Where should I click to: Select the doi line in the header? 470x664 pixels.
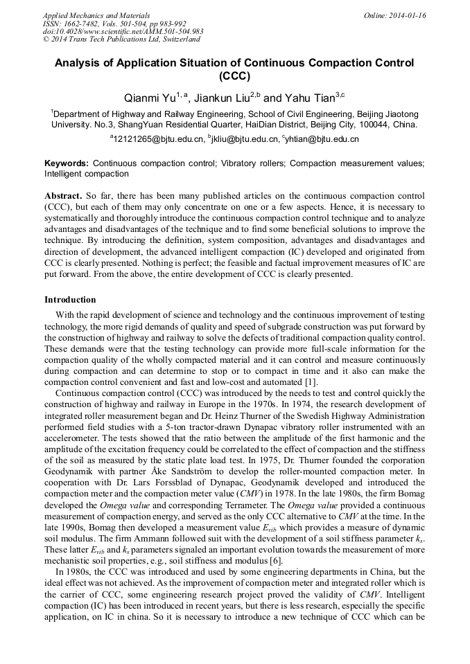(123, 32)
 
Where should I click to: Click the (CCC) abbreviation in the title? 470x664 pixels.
(234, 76)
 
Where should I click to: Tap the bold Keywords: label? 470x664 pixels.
(67, 163)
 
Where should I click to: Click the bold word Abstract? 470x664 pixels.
(64, 196)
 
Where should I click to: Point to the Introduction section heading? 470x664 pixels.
(70, 300)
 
